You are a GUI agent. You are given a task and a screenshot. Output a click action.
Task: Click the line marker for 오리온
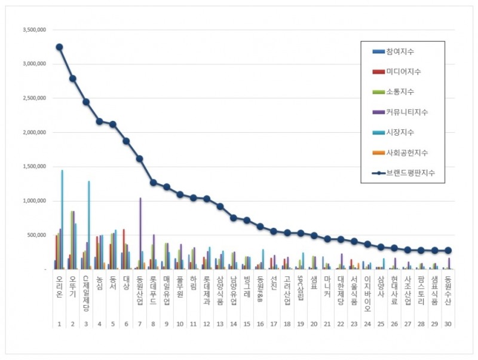coord(59,47)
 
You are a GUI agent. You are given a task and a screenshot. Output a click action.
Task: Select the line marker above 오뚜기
coord(72,78)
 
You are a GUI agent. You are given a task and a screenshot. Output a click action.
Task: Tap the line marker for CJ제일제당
coord(85,102)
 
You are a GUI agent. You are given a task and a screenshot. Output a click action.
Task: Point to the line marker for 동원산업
coord(139,158)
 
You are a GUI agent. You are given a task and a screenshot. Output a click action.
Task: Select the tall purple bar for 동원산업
coord(140,233)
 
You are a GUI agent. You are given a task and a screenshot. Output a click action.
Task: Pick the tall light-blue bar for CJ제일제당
coord(88,225)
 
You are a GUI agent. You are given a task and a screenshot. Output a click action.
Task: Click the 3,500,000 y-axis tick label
coord(34,29)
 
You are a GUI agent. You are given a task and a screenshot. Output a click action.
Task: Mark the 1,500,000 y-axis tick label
coord(34,167)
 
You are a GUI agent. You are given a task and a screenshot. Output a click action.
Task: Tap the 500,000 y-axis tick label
coord(38,236)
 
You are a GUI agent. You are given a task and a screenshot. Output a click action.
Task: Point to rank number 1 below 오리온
coord(59,324)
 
